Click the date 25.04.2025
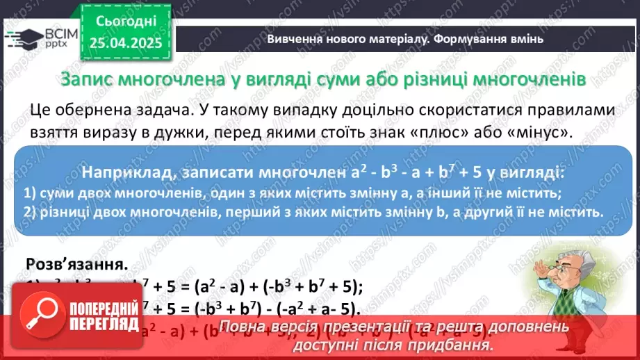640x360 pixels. coord(125,43)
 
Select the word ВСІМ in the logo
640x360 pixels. coord(51,34)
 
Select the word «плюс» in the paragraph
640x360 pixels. coord(427,133)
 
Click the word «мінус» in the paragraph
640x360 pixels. coord(533,133)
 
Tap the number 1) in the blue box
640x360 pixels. coord(29,193)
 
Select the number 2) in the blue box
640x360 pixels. coord(29,211)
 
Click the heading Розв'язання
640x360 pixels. coord(76,264)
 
